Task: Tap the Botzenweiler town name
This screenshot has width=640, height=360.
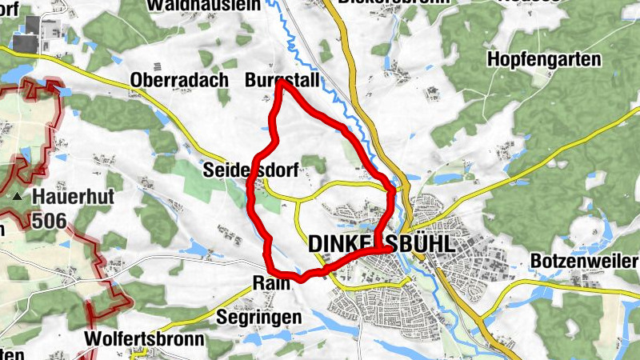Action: click(583, 262)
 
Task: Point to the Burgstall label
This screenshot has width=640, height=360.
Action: click(282, 81)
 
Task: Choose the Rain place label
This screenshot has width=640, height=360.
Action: click(270, 282)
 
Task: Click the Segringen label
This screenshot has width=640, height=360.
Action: click(259, 317)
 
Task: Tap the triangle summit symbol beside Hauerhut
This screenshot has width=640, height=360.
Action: click(16, 195)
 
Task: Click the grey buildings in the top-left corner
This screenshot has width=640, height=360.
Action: click(32, 34)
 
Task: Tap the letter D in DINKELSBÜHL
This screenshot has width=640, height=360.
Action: click(316, 244)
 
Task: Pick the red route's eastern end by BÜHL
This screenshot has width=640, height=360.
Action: click(389, 249)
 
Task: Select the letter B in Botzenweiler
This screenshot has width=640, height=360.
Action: click(536, 262)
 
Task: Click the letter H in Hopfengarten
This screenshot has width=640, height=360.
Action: click(494, 60)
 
